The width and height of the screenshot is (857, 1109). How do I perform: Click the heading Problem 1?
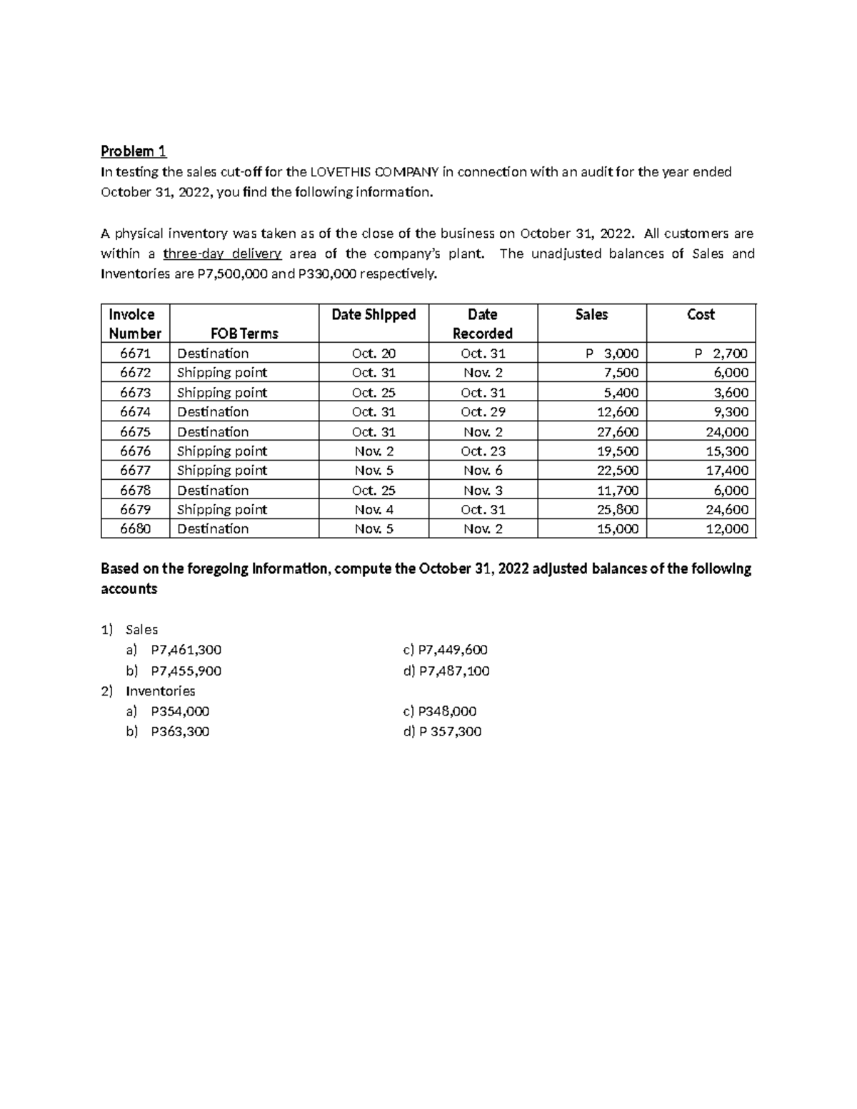click(x=134, y=151)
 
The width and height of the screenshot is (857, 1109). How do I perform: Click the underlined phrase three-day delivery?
click(x=222, y=254)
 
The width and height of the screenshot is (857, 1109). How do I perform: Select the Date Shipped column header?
click(x=374, y=314)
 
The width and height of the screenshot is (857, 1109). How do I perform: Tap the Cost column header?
click(x=700, y=314)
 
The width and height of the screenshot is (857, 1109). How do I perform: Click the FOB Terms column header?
click(x=244, y=333)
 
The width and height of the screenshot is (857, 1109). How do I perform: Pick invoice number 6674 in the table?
click(x=135, y=412)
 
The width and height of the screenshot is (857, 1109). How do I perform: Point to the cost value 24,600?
click(x=726, y=510)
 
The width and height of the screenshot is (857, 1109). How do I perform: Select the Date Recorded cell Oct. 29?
click(x=483, y=412)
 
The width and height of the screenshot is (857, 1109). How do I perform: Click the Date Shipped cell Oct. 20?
click(x=374, y=353)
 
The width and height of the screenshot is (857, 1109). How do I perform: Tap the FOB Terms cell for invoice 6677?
click(x=222, y=471)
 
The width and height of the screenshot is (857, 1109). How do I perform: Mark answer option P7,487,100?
click(x=453, y=671)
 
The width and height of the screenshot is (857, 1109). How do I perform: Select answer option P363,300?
click(x=180, y=731)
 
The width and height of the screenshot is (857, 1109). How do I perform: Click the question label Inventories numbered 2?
click(x=160, y=691)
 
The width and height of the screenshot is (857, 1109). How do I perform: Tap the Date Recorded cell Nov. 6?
click(x=483, y=471)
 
